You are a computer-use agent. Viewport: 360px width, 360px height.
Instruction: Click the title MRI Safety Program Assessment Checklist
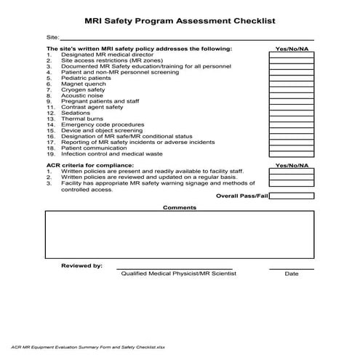tap(180, 23)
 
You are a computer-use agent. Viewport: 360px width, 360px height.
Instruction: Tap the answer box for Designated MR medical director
tap(292, 55)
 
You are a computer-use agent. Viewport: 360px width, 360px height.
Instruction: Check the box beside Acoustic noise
tap(292, 95)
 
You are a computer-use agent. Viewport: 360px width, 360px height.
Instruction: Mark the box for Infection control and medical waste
tap(292, 155)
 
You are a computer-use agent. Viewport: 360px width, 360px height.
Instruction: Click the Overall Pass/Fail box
tap(292, 196)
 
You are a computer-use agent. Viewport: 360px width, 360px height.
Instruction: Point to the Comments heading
tap(180, 208)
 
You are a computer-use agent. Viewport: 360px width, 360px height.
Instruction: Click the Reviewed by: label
tap(81, 266)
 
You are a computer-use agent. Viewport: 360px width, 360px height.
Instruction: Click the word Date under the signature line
tap(292, 274)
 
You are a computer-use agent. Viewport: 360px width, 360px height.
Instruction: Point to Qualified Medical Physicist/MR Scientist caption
tap(178, 274)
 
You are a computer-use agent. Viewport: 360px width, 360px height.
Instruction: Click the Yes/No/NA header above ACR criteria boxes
tap(292, 165)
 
